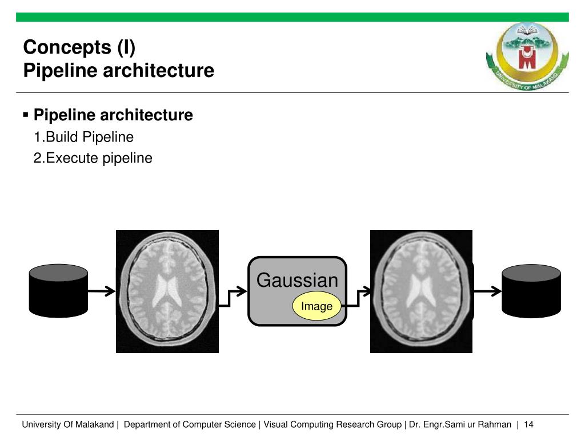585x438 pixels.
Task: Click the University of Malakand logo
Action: click(x=527, y=55)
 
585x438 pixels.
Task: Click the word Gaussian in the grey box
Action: click(x=297, y=281)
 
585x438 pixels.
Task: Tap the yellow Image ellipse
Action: click(x=317, y=307)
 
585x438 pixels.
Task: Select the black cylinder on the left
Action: click(x=59, y=291)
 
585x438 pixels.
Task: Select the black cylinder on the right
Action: click(x=531, y=291)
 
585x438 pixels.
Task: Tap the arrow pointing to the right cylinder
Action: click(x=487, y=291)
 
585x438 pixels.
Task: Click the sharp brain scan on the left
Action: click(x=167, y=291)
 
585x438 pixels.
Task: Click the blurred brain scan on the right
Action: click(x=421, y=291)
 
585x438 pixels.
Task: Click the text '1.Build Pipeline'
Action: click(x=83, y=137)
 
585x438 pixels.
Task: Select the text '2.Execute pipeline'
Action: click(x=93, y=158)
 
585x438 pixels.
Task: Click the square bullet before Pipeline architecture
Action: click(x=26, y=115)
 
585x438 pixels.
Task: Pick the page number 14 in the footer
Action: click(x=528, y=425)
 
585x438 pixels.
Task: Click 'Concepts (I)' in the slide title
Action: click(x=79, y=47)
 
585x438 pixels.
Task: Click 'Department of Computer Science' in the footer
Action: click(x=190, y=425)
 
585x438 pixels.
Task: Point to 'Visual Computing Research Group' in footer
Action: click(x=332, y=425)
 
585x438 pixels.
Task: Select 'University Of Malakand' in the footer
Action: click(x=68, y=425)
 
